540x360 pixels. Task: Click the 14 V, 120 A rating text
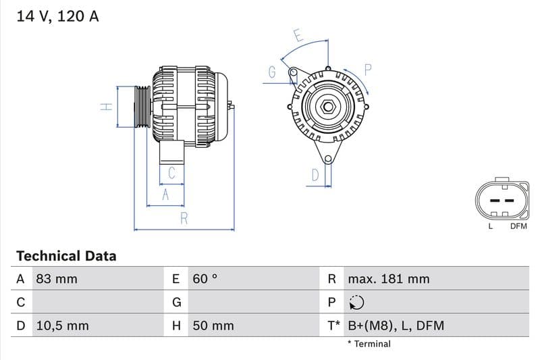click(57, 16)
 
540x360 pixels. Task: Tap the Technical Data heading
click(66, 256)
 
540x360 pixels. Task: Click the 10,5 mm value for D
click(61, 326)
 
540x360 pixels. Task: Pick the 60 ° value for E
click(205, 279)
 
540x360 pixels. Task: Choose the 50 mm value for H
click(213, 326)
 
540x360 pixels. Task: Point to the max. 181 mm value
click(388, 279)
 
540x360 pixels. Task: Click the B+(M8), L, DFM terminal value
click(396, 326)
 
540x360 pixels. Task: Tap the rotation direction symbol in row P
click(356, 303)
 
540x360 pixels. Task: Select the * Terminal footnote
click(369, 344)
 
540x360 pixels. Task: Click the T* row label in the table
click(333, 326)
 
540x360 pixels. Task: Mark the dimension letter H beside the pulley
click(106, 107)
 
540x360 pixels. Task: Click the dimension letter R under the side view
click(184, 218)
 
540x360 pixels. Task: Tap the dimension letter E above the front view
click(298, 36)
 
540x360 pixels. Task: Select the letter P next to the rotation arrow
click(369, 69)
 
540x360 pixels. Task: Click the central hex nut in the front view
click(327, 107)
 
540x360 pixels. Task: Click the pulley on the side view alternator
click(142, 107)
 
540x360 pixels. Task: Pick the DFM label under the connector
click(518, 226)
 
